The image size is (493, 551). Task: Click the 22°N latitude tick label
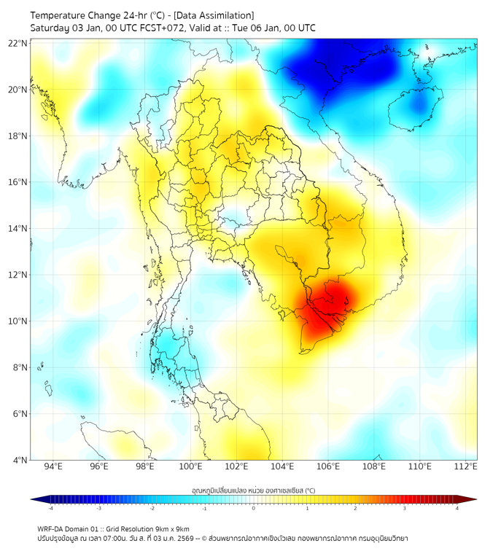(18, 43)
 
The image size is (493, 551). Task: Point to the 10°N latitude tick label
(18, 321)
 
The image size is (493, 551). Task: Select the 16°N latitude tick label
(18, 182)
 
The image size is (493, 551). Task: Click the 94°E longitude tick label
(53, 467)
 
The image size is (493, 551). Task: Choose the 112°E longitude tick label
(466, 467)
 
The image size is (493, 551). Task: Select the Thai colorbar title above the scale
(253, 491)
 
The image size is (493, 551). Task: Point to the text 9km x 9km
(173, 528)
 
